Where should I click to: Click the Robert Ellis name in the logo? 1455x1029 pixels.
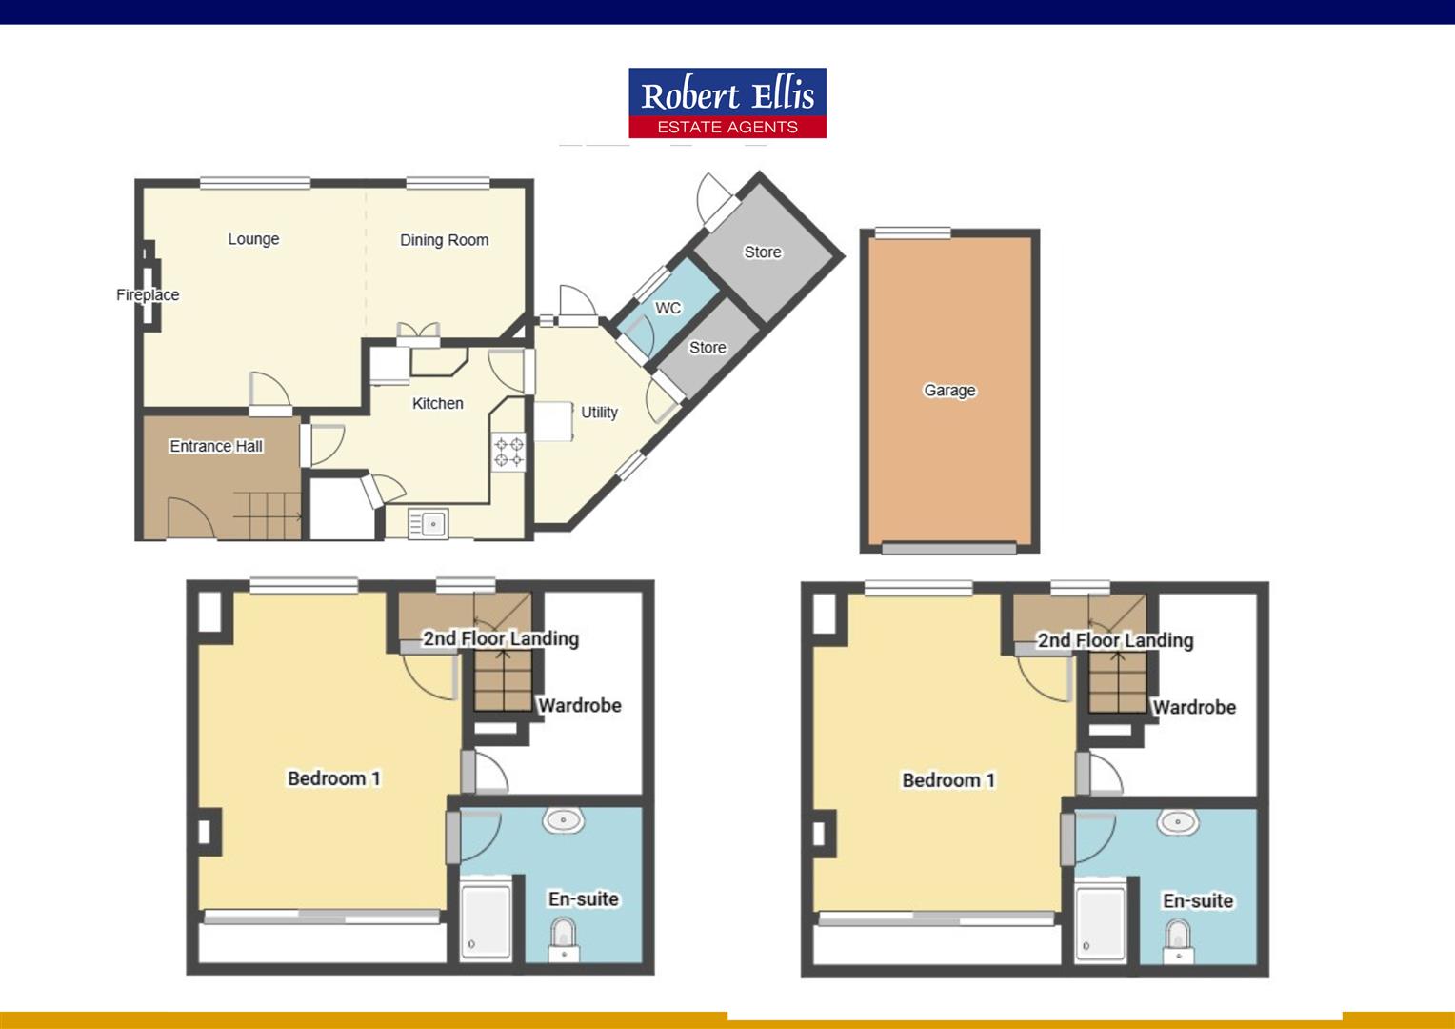pyautogui.click(x=727, y=95)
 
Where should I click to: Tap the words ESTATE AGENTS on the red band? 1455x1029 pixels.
pyautogui.click(x=727, y=128)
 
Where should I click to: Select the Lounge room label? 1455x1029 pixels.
pyautogui.click(x=253, y=239)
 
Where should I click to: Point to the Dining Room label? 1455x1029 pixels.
pyautogui.click(x=445, y=240)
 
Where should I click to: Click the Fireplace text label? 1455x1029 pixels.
pyautogui.click(x=148, y=294)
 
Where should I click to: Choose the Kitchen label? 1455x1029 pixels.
pyautogui.click(x=438, y=403)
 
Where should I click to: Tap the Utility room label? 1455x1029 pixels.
pyautogui.click(x=599, y=413)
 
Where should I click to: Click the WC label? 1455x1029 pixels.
pyautogui.click(x=668, y=308)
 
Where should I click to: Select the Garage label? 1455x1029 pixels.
pyautogui.click(x=949, y=390)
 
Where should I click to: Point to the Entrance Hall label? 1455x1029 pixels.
pyautogui.click(x=216, y=446)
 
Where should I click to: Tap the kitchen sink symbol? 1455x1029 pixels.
pyautogui.click(x=429, y=523)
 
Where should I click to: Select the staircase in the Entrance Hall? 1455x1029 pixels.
pyautogui.click(x=268, y=516)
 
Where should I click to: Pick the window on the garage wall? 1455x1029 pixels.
pyautogui.click(x=912, y=232)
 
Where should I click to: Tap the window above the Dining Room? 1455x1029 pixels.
pyautogui.click(x=448, y=183)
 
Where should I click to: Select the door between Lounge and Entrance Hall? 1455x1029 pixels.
pyautogui.click(x=270, y=393)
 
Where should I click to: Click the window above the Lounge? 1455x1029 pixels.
pyautogui.click(x=255, y=183)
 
